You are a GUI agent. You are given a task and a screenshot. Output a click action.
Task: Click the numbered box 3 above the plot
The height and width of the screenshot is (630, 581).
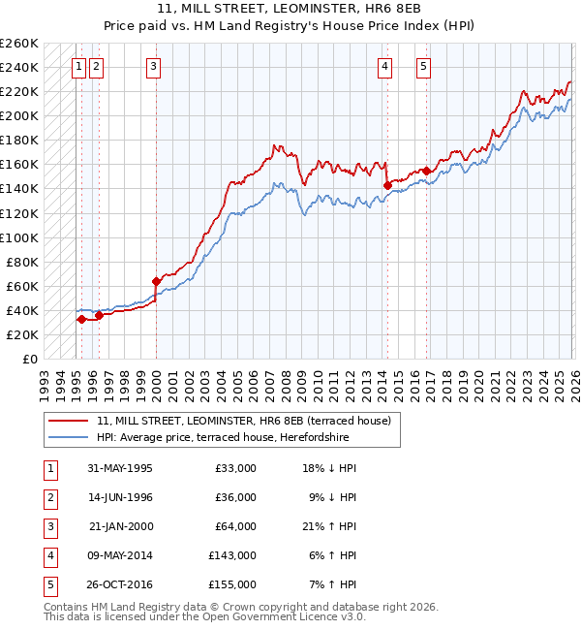click(154, 67)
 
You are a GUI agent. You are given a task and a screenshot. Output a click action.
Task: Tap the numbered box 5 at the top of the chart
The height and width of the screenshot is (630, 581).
click(424, 67)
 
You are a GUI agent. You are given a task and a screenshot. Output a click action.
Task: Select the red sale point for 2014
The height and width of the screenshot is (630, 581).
click(387, 184)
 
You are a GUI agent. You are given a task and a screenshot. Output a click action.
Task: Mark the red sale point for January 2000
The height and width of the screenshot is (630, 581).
click(156, 281)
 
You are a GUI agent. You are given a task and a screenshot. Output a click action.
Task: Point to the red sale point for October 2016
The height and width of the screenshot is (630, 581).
click(426, 171)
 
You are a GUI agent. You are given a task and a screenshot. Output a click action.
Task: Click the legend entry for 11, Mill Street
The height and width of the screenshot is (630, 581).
click(242, 421)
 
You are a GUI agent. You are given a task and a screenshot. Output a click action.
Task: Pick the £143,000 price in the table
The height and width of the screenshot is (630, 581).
click(231, 555)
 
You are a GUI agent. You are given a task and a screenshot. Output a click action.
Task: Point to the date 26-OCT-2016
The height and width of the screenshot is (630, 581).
click(119, 584)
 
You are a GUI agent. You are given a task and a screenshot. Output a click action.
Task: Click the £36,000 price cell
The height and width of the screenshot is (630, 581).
click(235, 497)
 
